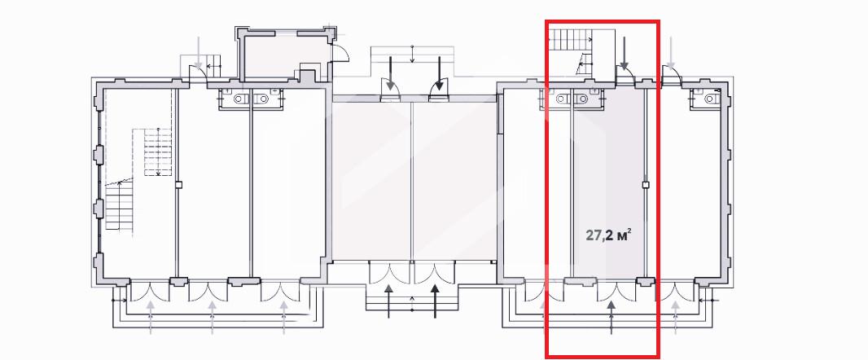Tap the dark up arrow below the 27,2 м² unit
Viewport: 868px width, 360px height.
[x=612, y=318]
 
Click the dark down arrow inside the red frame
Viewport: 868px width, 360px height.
[x=625, y=54]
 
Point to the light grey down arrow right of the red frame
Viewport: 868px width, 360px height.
[x=672, y=54]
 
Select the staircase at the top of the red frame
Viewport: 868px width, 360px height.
[x=571, y=39]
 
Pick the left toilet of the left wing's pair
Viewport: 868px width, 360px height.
[x=239, y=99]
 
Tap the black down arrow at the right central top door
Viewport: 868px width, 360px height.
[x=440, y=73]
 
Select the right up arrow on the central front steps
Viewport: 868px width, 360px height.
[x=435, y=301]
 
